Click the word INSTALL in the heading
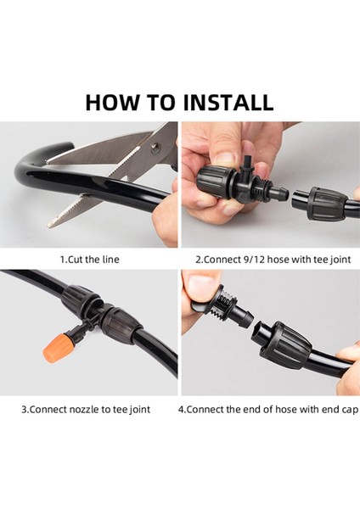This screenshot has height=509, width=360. (x=228, y=103)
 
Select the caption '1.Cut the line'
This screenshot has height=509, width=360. (x=90, y=260)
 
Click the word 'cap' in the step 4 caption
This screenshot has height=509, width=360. (x=350, y=410)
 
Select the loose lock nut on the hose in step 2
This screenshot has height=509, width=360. (x=323, y=204)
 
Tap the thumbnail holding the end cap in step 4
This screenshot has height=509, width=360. (x=200, y=283)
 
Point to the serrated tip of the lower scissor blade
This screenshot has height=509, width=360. (x=52, y=223)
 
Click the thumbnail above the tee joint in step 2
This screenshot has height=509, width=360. (x=228, y=158)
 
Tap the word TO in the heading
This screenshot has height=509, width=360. (x=160, y=103)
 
